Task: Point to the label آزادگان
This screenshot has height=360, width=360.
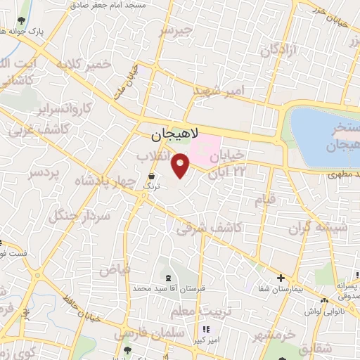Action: [x=278, y=49]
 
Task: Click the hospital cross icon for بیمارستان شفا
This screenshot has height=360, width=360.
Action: [x=280, y=278]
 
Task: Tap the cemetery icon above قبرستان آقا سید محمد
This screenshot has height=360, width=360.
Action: [x=167, y=277]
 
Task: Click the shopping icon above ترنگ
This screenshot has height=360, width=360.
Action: [x=151, y=175]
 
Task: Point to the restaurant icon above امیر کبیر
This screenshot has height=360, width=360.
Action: [x=205, y=329]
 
